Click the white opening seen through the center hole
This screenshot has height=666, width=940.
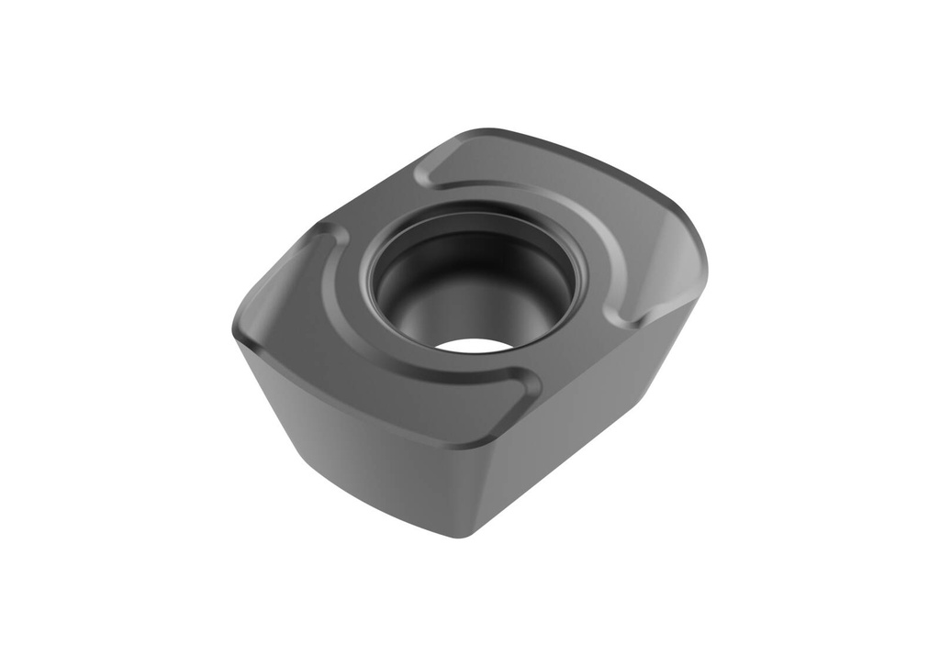point(474,346)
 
